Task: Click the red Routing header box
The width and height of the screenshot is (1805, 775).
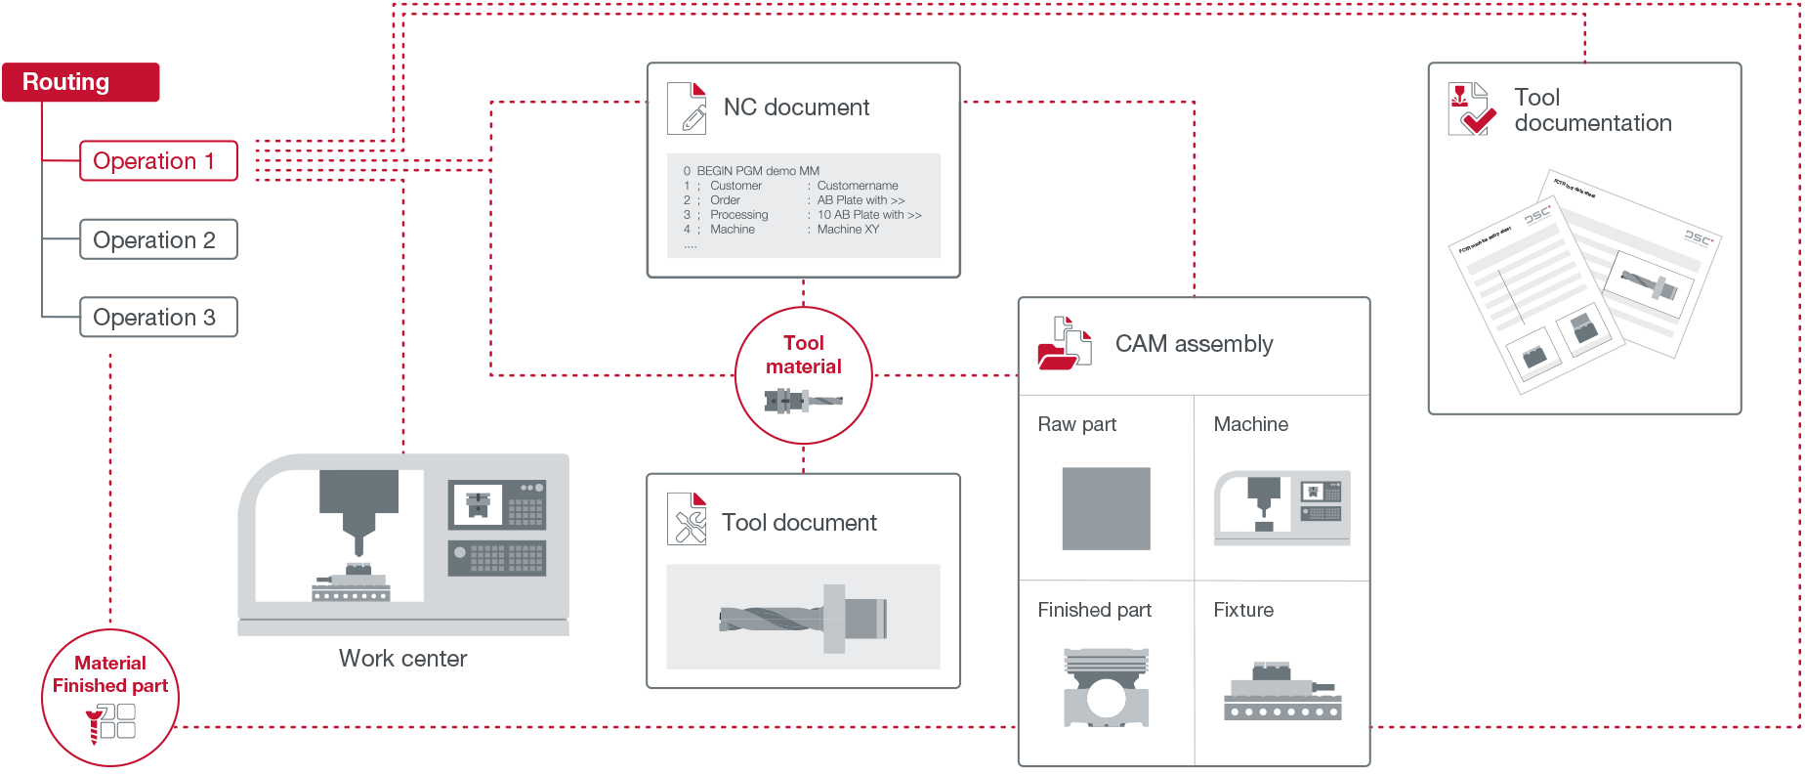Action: (x=80, y=82)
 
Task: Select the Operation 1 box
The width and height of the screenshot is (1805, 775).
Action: (x=158, y=161)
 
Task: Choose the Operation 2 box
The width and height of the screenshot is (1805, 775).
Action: (x=158, y=239)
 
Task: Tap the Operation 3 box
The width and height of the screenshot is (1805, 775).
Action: (x=158, y=318)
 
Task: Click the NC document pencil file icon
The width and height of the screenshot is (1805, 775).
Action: (x=688, y=108)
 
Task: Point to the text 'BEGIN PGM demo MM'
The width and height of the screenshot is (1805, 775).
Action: (x=758, y=171)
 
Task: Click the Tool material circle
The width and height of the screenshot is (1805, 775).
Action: (x=803, y=375)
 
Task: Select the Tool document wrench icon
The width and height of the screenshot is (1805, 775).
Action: (x=688, y=519)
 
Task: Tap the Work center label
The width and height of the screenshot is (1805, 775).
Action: (x=402, y=659)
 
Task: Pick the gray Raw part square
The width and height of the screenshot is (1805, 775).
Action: (x=1106, y=508)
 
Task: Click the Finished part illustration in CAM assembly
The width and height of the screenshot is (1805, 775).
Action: (x=1106, y=688)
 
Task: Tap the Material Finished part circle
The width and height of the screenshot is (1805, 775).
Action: (x=110, y=698)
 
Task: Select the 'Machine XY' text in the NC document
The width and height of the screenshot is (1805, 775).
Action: (x=848, y=230)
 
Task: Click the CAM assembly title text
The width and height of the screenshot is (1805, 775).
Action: (x=1194, y=344)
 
